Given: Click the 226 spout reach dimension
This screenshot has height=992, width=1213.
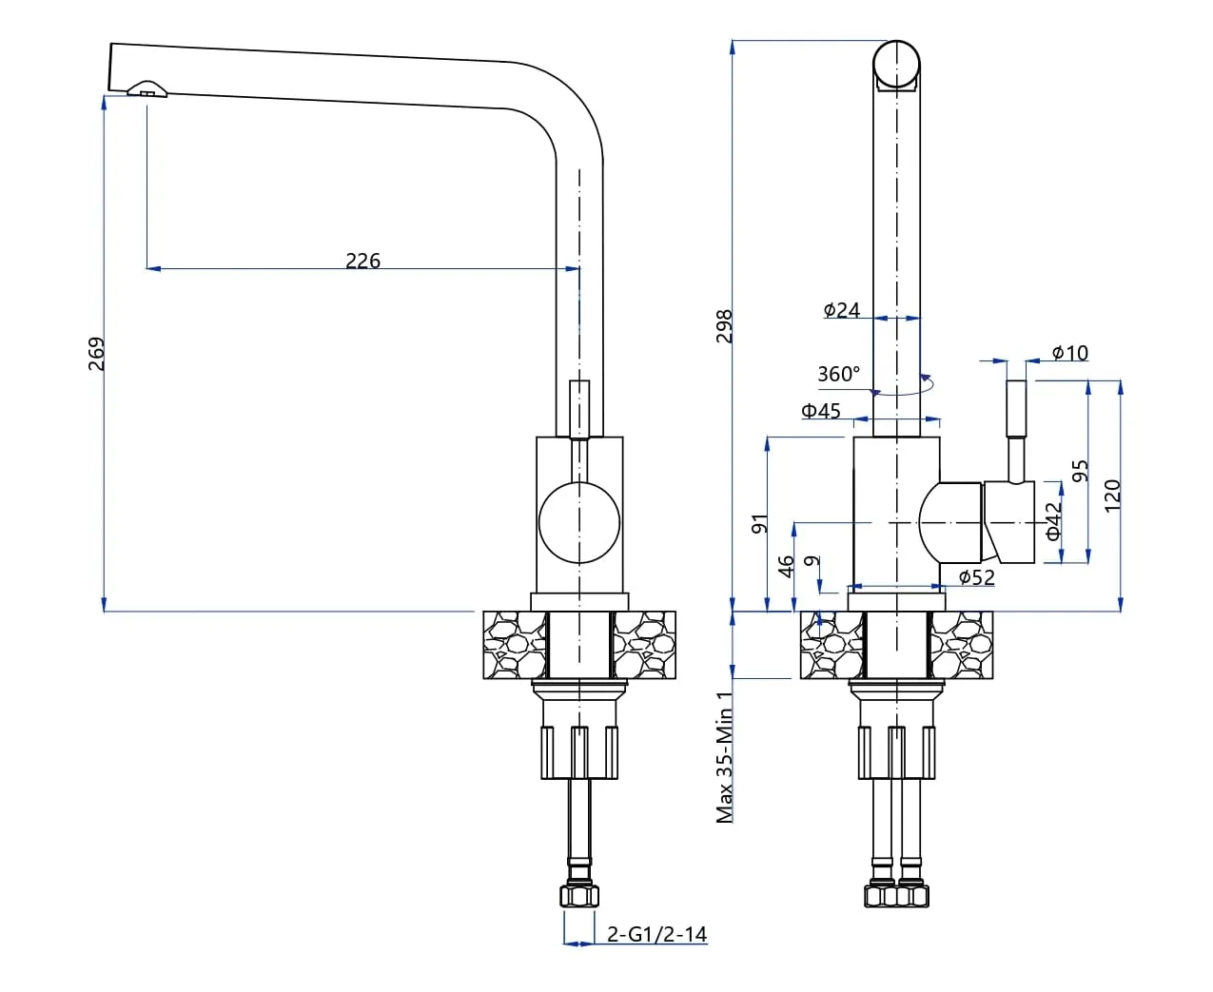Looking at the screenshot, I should [362, 260].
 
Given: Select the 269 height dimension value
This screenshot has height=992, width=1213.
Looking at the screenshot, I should [96, 353].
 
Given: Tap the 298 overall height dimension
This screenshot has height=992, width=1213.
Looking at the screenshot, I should [725, 326].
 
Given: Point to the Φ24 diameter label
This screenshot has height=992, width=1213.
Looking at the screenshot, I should [842, 310].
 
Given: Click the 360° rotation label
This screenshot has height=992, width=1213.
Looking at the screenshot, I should [838, 374].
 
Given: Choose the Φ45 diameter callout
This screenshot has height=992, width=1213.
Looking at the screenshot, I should [821, 411].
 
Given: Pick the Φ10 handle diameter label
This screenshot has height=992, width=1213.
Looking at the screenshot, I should [1070, 353].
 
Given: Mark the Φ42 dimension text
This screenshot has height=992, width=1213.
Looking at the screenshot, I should [1054, 521].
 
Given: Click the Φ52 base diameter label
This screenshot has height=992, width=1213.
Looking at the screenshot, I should [976, 576].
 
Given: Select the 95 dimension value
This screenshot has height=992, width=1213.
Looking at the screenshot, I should [1080, 471].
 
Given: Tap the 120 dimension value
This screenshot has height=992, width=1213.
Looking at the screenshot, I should [1112, 495].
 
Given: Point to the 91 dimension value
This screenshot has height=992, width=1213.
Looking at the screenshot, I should [759, 523].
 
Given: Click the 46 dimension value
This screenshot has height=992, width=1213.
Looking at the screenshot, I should [786, 566].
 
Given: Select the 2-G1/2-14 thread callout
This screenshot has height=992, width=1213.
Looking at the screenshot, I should [657, 934].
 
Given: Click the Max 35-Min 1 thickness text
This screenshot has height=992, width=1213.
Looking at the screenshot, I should [725, 757].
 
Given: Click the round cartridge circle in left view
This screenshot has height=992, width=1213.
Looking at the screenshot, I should [578, 522].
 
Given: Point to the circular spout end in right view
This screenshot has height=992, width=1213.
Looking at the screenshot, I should [896, 64].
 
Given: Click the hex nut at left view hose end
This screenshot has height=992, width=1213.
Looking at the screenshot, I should [579, 897].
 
